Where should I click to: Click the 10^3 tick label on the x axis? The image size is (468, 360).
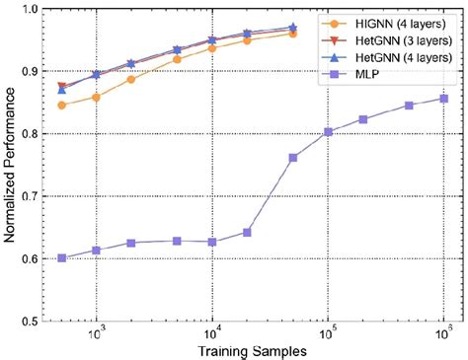[x=97, y=334]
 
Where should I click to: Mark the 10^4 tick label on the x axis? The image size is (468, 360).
[x=212, y=334]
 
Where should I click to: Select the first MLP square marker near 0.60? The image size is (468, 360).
[x=61, y=258]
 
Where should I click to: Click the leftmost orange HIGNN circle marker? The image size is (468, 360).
[x=61, y=105]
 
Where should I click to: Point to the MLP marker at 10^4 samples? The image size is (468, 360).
[x=212, y=242]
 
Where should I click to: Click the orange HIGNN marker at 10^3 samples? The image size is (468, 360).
[x=97, y=97]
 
